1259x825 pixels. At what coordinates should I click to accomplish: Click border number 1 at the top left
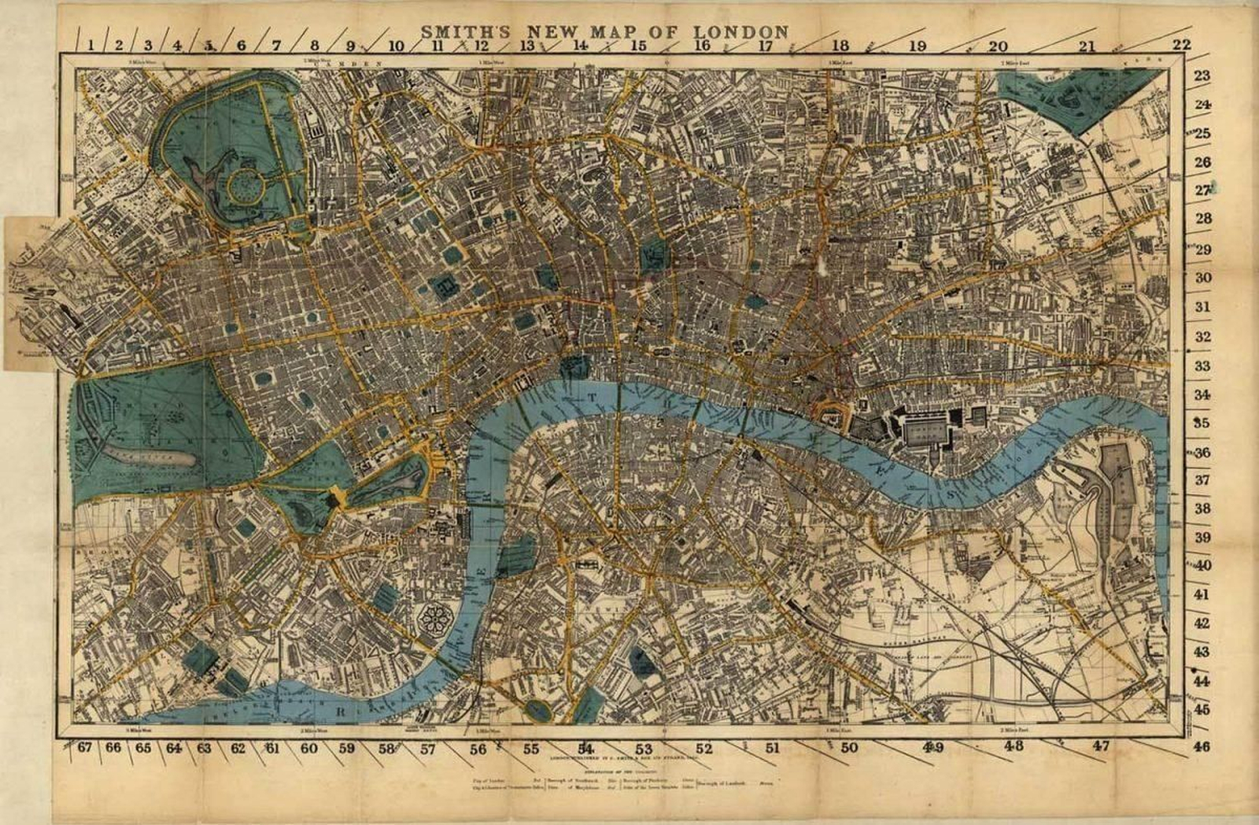pos(91,45)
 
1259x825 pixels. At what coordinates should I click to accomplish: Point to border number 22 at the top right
pos(1182,44)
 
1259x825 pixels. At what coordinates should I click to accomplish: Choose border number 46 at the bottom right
pos(1201,746)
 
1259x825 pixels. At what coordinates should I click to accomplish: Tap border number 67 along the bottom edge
pos(85,747)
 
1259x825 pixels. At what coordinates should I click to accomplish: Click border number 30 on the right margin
pos(1203,278)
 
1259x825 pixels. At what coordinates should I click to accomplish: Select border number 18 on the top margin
pos(840,46)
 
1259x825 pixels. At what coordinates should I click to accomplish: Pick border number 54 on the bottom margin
pos(585,748)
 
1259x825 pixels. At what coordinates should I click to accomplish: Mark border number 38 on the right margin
pos(1202,509)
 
